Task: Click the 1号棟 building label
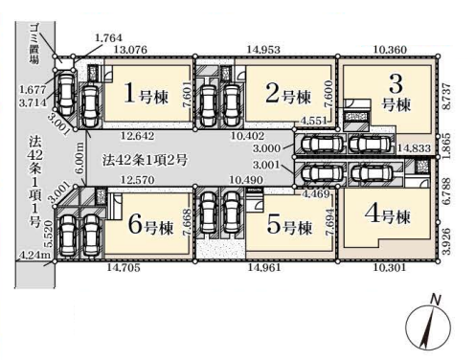(x=146, y=94)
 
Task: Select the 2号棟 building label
(x=288, y=94)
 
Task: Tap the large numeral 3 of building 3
(x=396, y=83)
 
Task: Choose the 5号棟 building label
(x=289, y=225)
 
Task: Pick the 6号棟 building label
(x=150, y=225)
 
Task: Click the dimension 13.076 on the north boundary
(x=130, y=50)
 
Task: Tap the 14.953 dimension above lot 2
(x=263, y=50)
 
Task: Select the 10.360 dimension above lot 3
(x=390, y=50)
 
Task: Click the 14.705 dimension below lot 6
(x=124, y=267)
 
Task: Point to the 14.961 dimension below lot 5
(x=264, y=267)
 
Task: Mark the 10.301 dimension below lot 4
(x=390, y=267)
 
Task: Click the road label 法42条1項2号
(x=145, y=160)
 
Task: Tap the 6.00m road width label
(x=80, y=158)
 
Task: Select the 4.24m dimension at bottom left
(x=34, y=256)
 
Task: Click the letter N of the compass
(x=436, y=300)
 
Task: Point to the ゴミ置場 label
(x=34, y=45)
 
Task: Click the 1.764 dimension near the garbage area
(x=108, y=37)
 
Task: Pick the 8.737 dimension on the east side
(x=447, y=97)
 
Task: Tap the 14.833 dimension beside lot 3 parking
(x=414, y=148)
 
